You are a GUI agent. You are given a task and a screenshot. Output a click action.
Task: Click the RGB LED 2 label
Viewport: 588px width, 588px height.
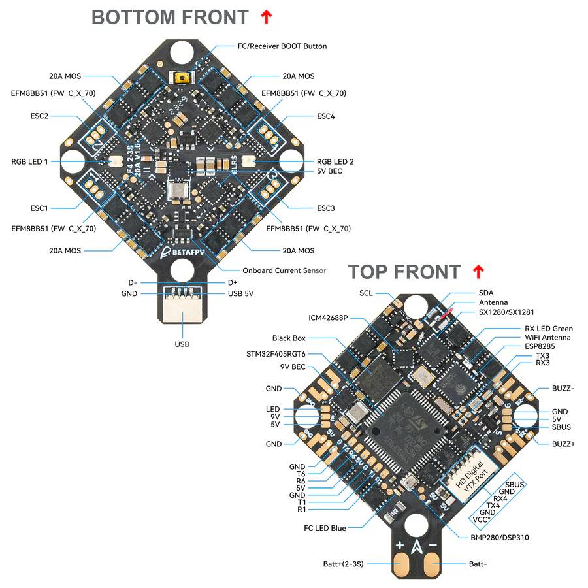point(335,161)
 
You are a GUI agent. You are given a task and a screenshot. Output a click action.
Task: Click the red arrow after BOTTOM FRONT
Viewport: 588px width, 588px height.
point(265,18)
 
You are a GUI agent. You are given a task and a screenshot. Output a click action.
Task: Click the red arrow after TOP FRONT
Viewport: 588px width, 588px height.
point(479,272)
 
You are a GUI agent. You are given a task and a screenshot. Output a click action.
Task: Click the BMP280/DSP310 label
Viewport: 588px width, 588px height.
point(500,538)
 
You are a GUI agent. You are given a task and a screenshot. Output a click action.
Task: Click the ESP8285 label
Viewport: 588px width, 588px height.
point(541,346)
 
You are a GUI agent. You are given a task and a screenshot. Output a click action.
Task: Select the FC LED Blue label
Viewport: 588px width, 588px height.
point(325,527)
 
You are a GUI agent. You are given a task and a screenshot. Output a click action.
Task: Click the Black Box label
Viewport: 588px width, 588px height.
point(289,338)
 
